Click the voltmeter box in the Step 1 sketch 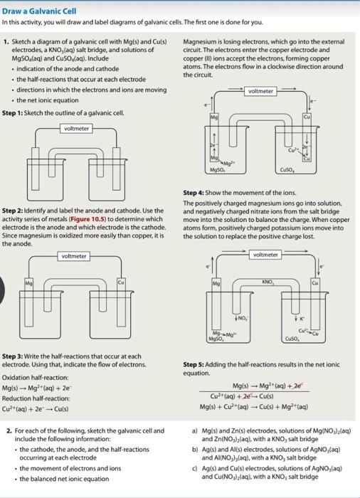click(76, 129)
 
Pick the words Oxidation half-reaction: click(36, 377)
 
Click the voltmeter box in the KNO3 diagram click(265, 254)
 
